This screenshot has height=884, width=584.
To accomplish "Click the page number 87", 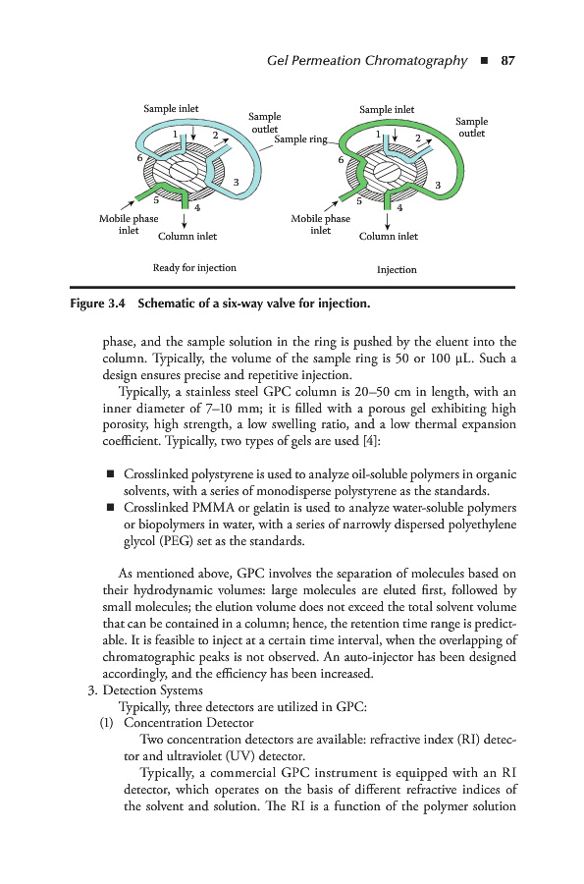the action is tap(507, 60).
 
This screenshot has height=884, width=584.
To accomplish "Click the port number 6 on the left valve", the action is tap(139, 158).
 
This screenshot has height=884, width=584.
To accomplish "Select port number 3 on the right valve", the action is tap(438, 185).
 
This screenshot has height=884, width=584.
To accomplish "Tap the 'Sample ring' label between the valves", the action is tap(300, 138).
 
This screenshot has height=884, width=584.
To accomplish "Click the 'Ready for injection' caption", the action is tap(194, 267).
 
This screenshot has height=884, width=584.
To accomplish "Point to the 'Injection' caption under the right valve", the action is tap(397, 269).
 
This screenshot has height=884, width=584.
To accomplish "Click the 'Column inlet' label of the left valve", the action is tap(186, 236).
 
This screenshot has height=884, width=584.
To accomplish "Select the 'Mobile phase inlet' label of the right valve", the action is tap(320, 224).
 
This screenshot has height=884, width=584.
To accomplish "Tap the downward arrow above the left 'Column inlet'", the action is tap(185, 218).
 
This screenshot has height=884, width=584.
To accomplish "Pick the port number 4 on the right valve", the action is tap(399, 207).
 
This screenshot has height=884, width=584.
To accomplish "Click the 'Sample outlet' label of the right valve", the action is tap(471, 127).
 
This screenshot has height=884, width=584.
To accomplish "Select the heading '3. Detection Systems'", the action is tap(145, 691).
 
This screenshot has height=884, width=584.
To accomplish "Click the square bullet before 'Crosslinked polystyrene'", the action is tap(110, 473).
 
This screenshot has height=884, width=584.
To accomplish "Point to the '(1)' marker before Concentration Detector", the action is tap(106, 723).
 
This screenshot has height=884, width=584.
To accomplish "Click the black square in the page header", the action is tap(484, 61).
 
